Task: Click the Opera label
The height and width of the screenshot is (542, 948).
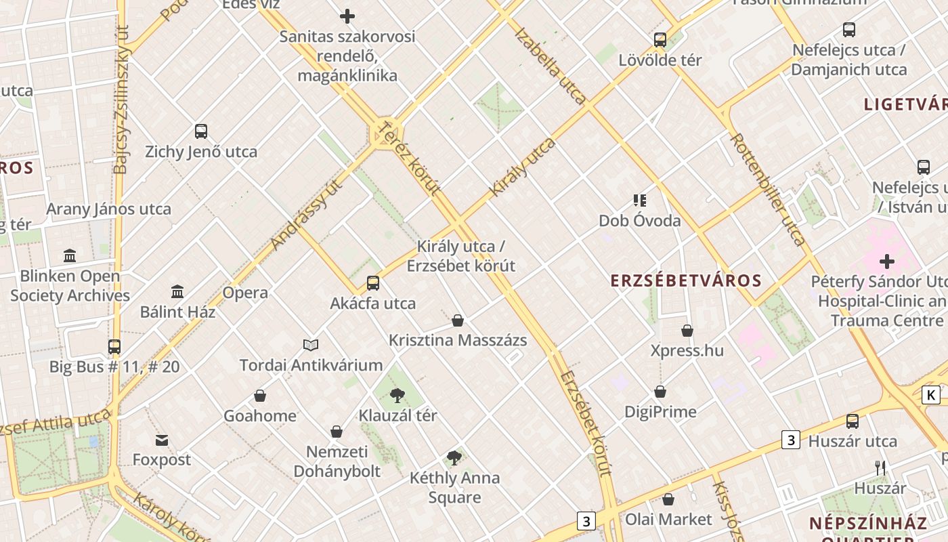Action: (x=245, y=293)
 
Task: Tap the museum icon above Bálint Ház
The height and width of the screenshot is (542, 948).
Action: (x=177, y=291)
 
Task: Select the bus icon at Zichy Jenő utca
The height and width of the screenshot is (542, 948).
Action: (x=201, y=131)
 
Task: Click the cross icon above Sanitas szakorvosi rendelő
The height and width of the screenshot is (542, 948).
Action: (x=347, y=16)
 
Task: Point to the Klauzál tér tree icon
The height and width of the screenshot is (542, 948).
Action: (x=397, y=395)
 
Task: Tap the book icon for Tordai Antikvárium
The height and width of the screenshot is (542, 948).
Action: (x=311, y=345)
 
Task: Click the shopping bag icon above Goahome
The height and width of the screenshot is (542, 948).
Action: (x=260, y=396)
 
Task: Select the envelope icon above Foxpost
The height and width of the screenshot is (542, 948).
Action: (x=162, y=441)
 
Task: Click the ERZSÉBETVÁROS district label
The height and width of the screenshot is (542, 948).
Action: (x=686, y=280)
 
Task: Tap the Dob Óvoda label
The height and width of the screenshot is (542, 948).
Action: (x=640, y=221)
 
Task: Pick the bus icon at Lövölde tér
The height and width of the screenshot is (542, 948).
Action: (x=660, y=40)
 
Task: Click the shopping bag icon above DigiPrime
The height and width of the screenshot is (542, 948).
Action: (x=660, y=392)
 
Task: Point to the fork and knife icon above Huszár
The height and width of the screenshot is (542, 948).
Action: (x=880, y=467)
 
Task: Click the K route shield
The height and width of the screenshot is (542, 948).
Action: (x=932, y=395)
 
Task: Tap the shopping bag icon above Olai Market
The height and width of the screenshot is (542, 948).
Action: (x=668, y=499)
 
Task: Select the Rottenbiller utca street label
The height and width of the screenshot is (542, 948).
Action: (x=768, y=189)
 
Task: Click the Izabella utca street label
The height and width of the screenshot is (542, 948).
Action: (x=550, y=66)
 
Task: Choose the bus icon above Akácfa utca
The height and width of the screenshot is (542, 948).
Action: (x=373, y=283)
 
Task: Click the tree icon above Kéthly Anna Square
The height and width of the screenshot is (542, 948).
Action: (x=454, y=458)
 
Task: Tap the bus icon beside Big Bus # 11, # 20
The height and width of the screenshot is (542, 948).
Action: (x=114, y=347)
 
